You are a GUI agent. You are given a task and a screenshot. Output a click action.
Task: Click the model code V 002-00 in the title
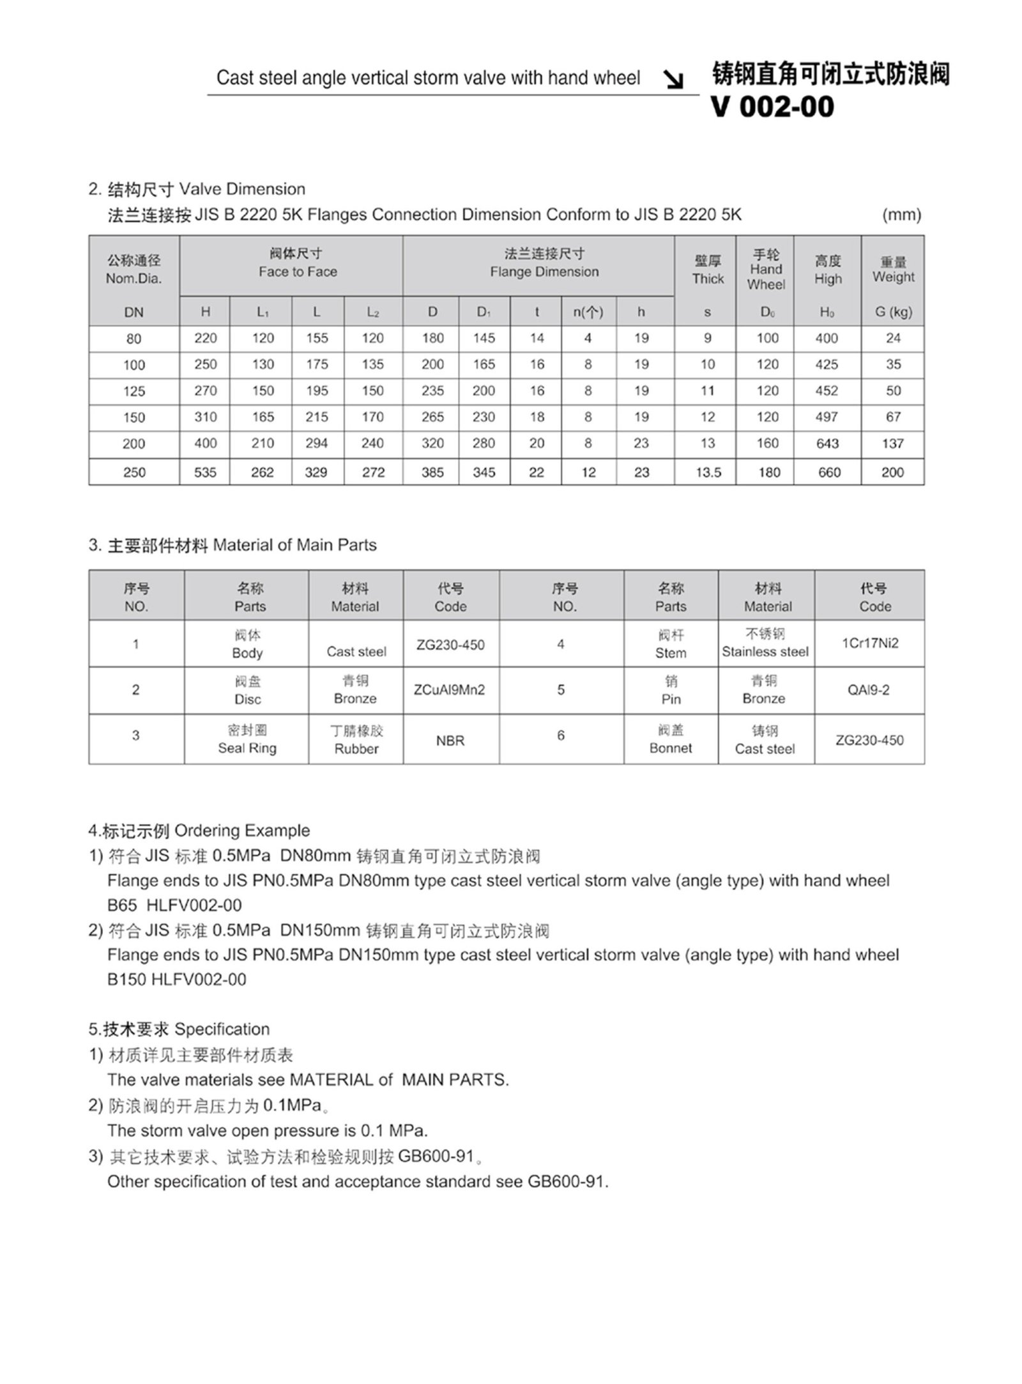pyautogui.click(x=772, y=107)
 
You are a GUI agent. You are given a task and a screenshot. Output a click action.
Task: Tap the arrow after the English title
pyautogui.click(x=673, y=79)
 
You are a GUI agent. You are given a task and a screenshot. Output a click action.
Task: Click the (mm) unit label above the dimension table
pyautogui.click(x=901, y=215)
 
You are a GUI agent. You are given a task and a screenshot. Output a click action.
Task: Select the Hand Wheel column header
pyautogui.click(x=766, y=270)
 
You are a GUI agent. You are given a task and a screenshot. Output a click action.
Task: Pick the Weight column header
pyautogui.click(x=893, y=270)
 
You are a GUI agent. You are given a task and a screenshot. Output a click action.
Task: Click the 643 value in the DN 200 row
pyautogui.click(x=827, y=443)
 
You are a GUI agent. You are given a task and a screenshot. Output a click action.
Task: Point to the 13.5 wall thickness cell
pyautogui.click(x=708, y=472)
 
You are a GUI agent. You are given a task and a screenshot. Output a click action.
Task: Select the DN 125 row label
pyautogui.click(x=134, y=391)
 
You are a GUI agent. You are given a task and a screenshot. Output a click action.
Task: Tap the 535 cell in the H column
pyautogui.click(x=205, y=472)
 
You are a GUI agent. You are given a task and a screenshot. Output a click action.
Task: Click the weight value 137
pyautogui.click(x=892, y=443)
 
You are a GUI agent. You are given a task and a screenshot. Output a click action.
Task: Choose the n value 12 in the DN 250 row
pyautogui.click(x=588, y=472)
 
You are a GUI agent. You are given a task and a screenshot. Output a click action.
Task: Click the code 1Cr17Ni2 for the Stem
pyautogui.click(x=869, y=643)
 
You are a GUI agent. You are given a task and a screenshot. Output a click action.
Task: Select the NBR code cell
pyautogui.click(x=450, y=741)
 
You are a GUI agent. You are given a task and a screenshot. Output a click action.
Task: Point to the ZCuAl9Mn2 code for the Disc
pyautogui.click(x=450, y=690)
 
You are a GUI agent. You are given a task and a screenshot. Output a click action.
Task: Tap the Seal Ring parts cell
pyautogui.click(x=247, y=739)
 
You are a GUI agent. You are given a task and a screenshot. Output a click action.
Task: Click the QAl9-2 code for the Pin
pyautogui.click(x=868, y=690)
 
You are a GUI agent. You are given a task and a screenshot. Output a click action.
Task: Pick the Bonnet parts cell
pyautogui.click(x=671, y=739)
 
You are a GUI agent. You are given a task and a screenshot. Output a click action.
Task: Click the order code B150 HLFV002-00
pyautogui.click(x=176, y=980)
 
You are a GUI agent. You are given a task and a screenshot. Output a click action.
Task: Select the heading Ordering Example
pyautogui.click(x=241, y=831)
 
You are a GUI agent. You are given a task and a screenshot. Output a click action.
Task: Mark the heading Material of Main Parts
pyautogui.click(x=294, y=545)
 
